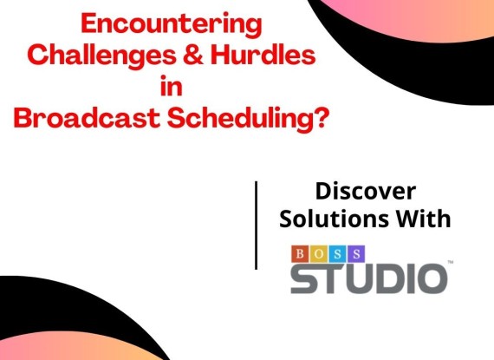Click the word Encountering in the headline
[x=172, y=25]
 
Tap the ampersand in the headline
[x=193, y=55]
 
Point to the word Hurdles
[x=263, y=55]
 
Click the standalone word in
[x=172, y=85]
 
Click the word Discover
[x=366, y=191]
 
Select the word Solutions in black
[x=334, y=219]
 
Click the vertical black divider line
[x=256, y=225]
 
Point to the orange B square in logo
[x=300, y=254]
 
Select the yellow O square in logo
[x=319, y=254]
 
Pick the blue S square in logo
[x=337, y=254]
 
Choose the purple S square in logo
[x=356, y=254]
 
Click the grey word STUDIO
[x=368, y=278]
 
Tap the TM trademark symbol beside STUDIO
[x=451, y=262]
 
